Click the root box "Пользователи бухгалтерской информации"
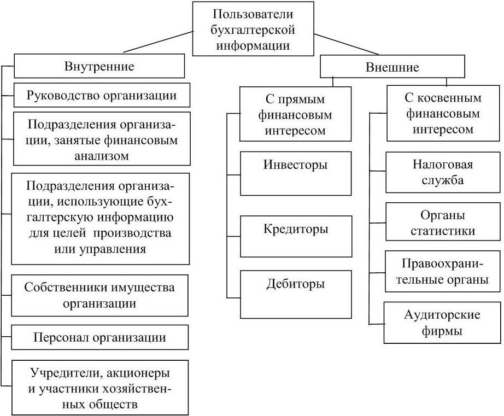point(253,28)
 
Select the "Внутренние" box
point(99,67)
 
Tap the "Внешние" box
point(391,67)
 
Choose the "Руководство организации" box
point(102,95)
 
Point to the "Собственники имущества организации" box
point(100,295)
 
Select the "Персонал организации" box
point(100,337)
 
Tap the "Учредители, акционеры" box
point(100,388)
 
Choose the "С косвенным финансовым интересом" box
point(443,114)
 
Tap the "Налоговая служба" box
point(443,172)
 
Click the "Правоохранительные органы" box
point(443,272)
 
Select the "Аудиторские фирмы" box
point(443,323)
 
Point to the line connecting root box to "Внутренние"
point(159,43)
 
